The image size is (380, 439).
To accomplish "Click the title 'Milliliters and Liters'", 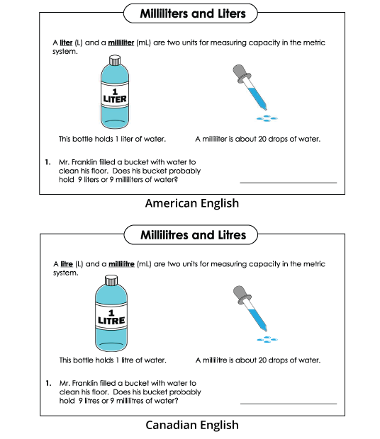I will [x=190, y=13].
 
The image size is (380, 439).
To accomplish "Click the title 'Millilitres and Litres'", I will [x=190, y=234].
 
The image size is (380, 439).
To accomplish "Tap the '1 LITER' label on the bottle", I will [x=114, y=96].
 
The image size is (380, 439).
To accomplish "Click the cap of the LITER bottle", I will [x=114, y=61].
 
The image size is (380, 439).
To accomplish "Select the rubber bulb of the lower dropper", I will [x=238, y=294].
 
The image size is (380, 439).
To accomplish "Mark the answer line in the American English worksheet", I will [x=289, y=183].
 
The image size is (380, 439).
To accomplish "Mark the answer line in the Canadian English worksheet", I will [x=289, y=404].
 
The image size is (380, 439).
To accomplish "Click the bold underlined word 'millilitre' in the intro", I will [x=120, y=264].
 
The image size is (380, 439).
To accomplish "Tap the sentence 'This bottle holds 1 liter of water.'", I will [x=114, y=139].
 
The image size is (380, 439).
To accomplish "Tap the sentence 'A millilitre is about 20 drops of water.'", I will [x=258, y=360].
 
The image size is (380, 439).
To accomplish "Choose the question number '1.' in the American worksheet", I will [x=47, y=161].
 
